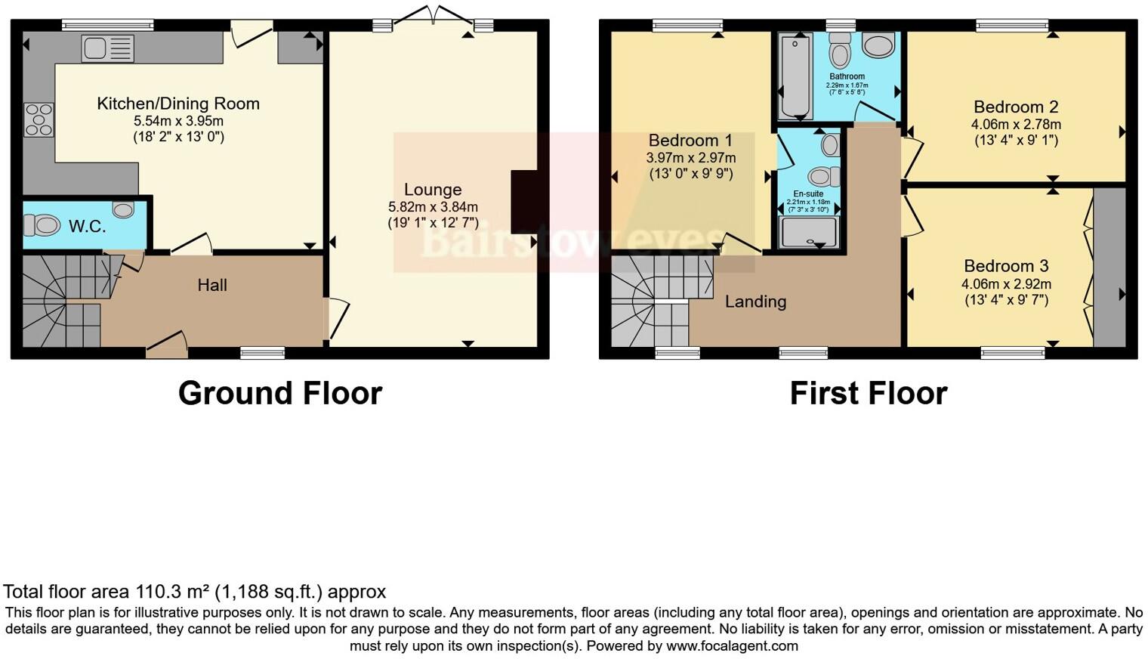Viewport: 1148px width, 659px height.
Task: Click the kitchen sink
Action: tap(108, 48)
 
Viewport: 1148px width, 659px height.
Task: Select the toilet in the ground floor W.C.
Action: tap(42, 224)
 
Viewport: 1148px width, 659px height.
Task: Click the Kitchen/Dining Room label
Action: tap(178, 104)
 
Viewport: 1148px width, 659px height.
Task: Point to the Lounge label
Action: tap(432, 190)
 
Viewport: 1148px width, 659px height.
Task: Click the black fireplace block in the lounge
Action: tap(524, 202)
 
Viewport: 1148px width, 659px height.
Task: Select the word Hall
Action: tap(212, 285)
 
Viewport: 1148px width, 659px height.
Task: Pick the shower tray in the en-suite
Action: tap(809, 232)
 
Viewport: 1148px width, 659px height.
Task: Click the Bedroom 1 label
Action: tap(690, 141)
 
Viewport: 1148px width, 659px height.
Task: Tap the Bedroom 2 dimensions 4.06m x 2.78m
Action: tap(1016, 125)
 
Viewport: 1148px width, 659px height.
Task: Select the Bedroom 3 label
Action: tap(1006, 266)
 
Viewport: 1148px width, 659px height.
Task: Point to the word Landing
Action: tap(755, 302)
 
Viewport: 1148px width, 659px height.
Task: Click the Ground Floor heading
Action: tap(280, 394)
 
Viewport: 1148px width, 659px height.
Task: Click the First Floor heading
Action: tap(869, 394)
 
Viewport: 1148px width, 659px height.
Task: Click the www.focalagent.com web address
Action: tap(732, 646)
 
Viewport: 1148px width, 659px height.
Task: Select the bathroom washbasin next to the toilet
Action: tap(878, 46)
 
